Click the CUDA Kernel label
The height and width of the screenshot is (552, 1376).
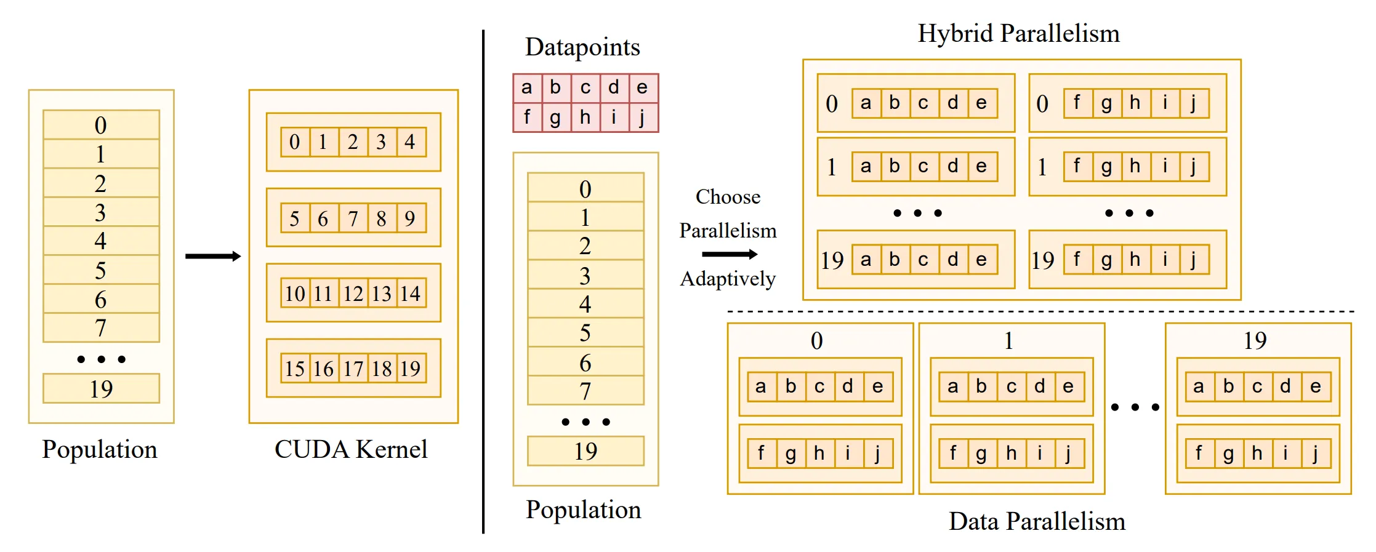[351, 449]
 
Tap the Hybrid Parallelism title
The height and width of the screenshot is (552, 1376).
[1019, 34]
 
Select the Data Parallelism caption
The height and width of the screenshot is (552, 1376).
[1037, 521]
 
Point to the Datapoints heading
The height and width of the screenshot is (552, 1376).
[582, 47]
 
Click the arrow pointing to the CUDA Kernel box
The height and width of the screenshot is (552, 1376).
[213, 256]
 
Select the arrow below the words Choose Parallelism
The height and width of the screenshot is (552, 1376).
[730, 254]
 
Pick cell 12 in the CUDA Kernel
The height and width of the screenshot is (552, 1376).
[353, 294]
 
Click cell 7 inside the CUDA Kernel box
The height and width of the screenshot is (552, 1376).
[353, 218]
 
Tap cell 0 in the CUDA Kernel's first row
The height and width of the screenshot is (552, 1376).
[295, 142]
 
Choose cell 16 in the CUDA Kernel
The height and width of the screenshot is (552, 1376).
[324, 369]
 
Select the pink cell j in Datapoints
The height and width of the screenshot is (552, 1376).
[643, 117]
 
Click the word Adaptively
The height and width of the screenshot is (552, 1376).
[728, 279]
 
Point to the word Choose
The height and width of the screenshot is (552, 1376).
[728, 197]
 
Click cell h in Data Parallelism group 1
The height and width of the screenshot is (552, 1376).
[1011, 454]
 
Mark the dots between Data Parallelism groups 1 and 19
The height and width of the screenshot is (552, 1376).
[1135, 407]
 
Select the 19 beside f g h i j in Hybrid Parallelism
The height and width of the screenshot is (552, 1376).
[1043, 260]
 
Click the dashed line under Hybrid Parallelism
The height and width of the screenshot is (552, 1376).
[1040, 311]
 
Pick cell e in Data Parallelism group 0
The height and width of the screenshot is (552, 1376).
[877, 386]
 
